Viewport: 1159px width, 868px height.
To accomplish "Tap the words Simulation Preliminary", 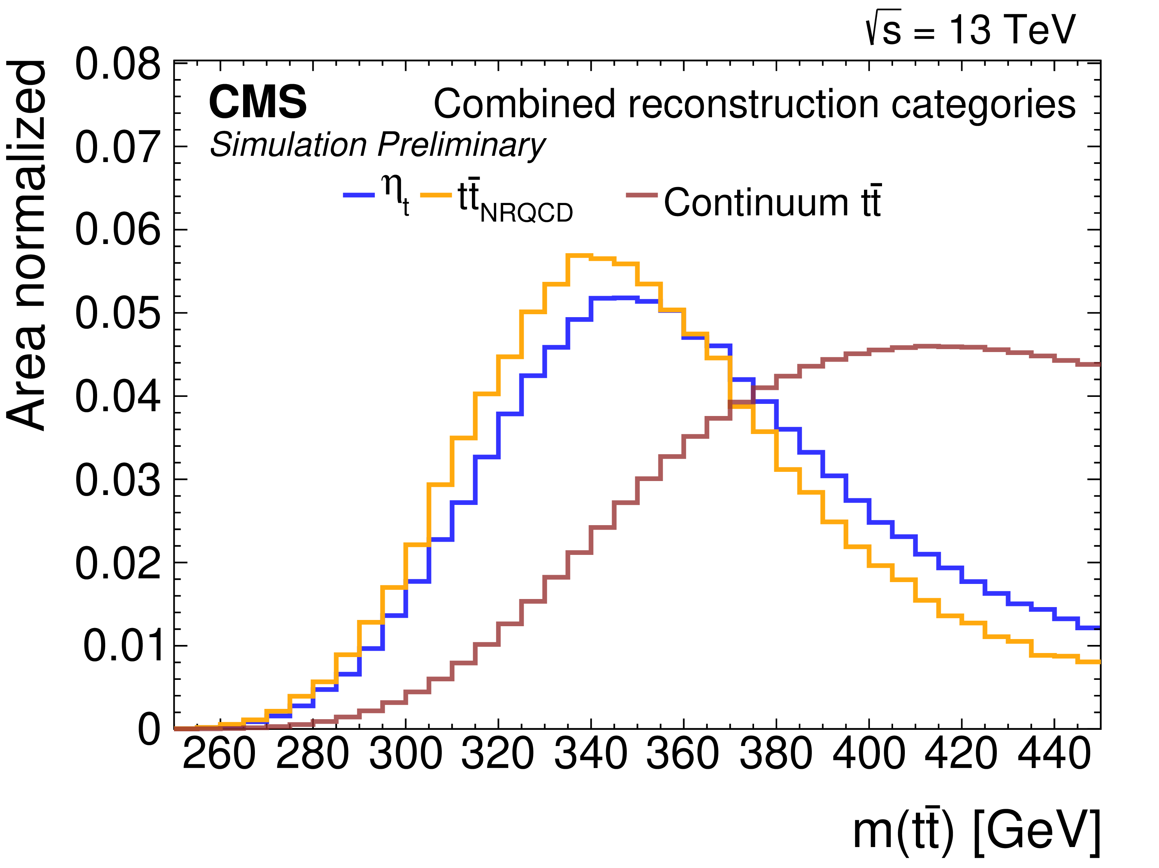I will point(377,144).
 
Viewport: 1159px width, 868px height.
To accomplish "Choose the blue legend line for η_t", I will point(359,195).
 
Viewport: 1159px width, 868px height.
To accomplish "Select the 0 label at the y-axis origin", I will point(149,729).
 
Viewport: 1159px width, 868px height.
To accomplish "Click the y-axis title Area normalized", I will point(26,246).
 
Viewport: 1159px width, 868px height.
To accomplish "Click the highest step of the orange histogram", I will point(579,255).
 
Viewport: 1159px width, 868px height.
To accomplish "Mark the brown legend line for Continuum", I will point(642,195).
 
